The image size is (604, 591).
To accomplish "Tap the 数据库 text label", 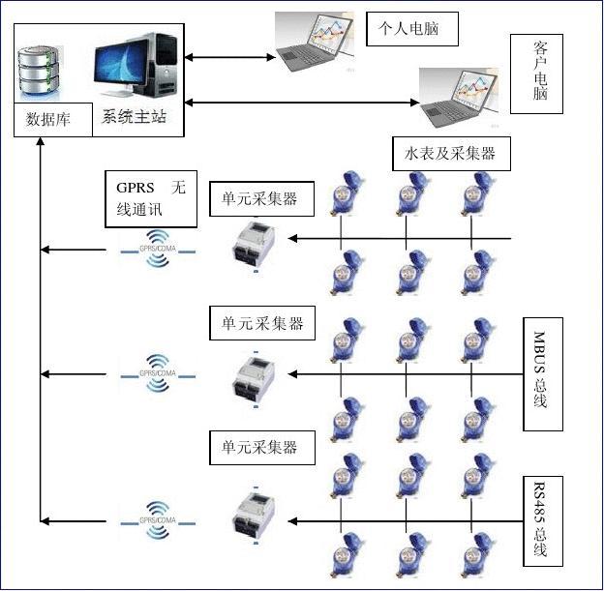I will click(47, 121).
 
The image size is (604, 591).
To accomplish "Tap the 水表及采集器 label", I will click(450, 154).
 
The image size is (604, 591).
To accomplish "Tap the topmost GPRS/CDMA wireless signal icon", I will click(159, 249).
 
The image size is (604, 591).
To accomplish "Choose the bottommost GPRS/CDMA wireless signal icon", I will click(159, 520).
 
